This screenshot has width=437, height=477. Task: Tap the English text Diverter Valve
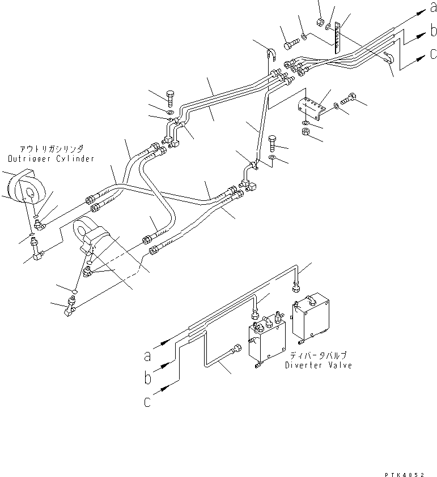tap(319, 366)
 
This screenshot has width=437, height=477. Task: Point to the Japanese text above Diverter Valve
tap(319, 356)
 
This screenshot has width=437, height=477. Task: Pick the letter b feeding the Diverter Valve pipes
tap(147, 377)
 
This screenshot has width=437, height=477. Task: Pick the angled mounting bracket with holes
tap(311, 107)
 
